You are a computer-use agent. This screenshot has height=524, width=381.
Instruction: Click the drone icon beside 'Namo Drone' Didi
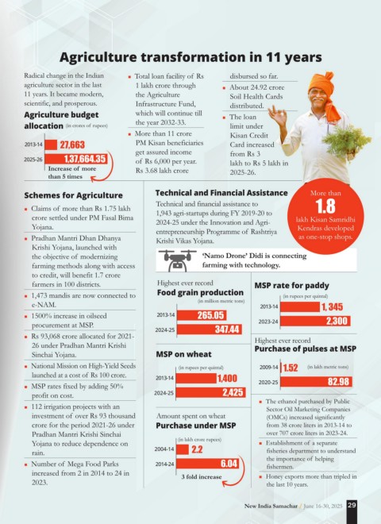tap(177, 260)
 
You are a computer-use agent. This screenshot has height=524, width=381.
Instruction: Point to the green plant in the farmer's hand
tap(346, 141)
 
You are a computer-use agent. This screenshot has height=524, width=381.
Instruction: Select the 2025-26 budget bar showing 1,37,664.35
tap(76, 159)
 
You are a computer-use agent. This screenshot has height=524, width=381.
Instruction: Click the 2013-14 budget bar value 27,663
tap(72, 144)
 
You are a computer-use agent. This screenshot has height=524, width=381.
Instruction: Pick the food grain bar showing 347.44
tap(210, 329)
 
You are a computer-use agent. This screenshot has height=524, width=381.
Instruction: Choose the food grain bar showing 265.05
tap(202, 315)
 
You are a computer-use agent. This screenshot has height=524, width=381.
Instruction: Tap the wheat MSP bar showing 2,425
tap(210, 392)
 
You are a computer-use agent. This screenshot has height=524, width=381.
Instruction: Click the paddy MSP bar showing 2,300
tap(315, 321)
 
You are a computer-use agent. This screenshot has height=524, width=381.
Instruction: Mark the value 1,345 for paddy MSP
tap(333, 306)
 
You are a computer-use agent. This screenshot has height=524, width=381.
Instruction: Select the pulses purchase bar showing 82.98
tap(316, 382)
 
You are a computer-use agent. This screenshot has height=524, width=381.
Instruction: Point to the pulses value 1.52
tap(291, 368)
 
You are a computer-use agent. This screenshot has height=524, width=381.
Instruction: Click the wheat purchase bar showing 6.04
tap(207, 464)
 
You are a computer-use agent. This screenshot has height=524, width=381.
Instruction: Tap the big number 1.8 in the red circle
tap(325, 206)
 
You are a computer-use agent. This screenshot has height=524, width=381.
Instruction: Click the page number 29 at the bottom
tap(352, 505)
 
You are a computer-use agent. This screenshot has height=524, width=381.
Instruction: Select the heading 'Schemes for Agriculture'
tap(73, 195)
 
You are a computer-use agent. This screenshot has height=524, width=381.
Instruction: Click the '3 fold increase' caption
tap(202, 477)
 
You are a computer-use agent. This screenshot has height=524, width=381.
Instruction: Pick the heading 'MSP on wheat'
tap(183, 354)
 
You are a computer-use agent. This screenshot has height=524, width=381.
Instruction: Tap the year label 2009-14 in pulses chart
tap(269, 368)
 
